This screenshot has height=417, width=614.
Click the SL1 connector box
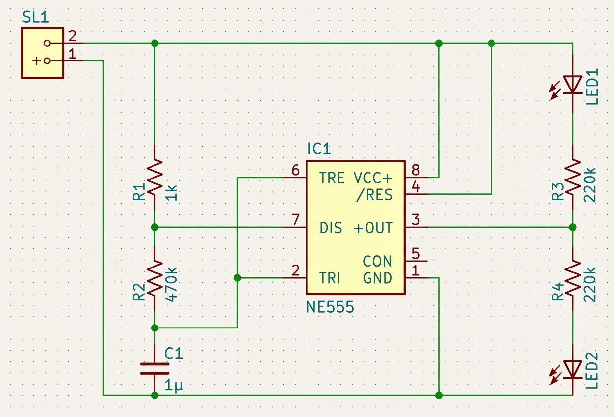42,52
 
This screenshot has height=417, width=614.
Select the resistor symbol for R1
154,177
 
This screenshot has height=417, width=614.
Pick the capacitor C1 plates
154,369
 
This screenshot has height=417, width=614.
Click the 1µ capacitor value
173,387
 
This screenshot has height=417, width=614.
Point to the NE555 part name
330,307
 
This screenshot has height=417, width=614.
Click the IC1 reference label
319,149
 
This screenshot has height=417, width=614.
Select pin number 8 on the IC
416,170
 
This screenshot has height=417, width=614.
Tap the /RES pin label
375,195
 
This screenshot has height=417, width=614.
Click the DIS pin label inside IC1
331,228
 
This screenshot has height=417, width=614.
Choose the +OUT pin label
373,228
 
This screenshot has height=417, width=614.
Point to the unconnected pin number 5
416,254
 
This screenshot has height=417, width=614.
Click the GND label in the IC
377,278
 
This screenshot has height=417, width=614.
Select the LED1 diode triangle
572,84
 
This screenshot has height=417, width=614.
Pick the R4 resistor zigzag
572,278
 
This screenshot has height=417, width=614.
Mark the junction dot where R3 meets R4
572,227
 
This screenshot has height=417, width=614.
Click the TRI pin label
330,278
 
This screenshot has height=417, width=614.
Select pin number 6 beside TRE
295,170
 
